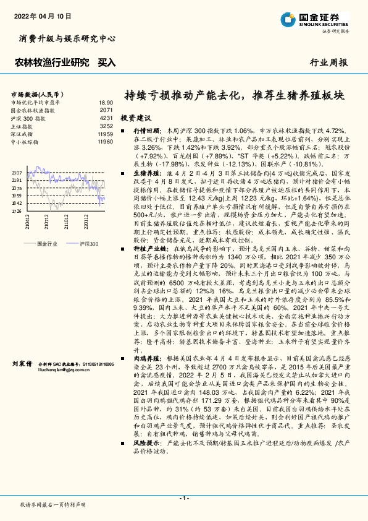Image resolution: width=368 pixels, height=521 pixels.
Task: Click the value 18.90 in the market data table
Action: (106, 102)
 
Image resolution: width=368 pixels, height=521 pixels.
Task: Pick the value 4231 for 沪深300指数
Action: (106, 118)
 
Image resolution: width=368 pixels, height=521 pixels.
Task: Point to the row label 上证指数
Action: (23, 126)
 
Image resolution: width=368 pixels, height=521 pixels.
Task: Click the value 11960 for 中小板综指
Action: (105, 142)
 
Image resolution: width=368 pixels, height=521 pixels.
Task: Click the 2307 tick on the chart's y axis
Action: (16, 173)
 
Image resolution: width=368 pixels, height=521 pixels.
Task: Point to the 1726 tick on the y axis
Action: (16, 211)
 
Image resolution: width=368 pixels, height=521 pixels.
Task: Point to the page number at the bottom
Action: (183, 498)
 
